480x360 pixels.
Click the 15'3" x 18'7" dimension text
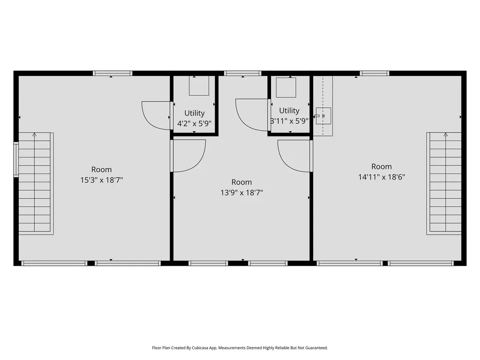pos(102,180)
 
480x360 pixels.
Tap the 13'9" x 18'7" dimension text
pos(242,193)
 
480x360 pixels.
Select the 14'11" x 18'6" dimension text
pos(382,177)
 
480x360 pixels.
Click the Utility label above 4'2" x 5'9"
pos(195,113)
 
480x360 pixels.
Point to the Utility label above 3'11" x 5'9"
pos(289,111)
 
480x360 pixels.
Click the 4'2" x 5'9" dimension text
pos(195,124)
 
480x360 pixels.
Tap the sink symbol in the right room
pos(323,116)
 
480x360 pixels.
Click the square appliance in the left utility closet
pos(199,86)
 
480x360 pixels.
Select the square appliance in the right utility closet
pos(286,87)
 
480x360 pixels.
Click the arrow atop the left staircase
pos(35,135)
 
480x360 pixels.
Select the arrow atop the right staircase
pos(446,135)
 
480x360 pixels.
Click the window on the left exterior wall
pos(16,159)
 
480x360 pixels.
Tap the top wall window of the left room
pos(112,73)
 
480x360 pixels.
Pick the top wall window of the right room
pos(375,73)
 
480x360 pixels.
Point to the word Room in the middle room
pos(241,182)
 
